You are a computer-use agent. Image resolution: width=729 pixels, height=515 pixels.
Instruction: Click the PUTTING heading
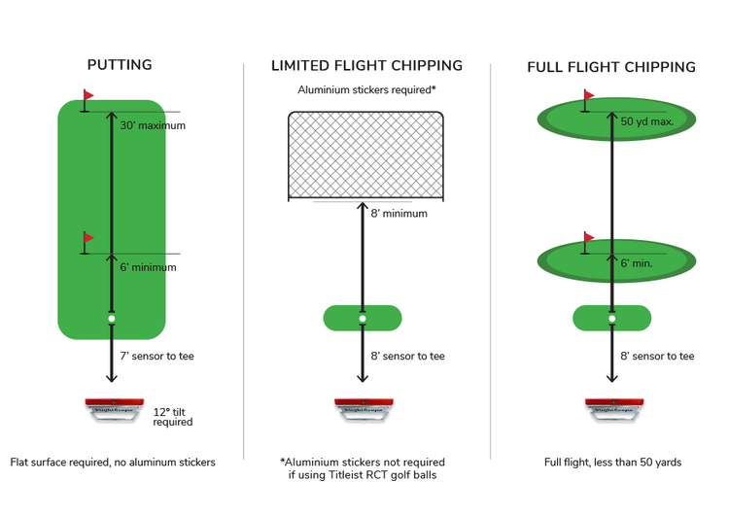point(120,65)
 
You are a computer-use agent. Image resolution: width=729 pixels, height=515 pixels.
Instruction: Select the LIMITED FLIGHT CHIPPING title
point(366,66)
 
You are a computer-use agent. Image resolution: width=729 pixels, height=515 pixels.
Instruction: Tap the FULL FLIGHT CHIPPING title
point(611,67)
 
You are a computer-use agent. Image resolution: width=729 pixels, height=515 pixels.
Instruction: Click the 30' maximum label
point(153,126)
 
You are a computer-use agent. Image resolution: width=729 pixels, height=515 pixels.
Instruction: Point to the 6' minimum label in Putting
point(148,267)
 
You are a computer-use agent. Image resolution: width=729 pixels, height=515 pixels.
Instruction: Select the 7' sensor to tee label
point(156,357)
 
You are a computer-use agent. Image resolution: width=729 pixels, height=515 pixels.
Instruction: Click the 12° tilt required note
point(173,417)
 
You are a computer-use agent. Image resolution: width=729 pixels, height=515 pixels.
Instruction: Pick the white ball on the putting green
point(112,319)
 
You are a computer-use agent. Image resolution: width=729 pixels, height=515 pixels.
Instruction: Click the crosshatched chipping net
point(365,155)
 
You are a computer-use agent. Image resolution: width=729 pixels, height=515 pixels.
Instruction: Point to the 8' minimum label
point(399,214)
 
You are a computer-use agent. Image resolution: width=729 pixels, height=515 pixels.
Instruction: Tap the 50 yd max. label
point(646,121)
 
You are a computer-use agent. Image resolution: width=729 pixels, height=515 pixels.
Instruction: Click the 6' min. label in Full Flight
point(637,263)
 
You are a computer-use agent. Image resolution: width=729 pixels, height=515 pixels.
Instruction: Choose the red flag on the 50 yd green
point(588,96)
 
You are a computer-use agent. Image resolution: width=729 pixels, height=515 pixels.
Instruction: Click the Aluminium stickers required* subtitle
point(366,90)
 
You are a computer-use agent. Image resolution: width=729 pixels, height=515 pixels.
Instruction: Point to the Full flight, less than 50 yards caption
point(612,463)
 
